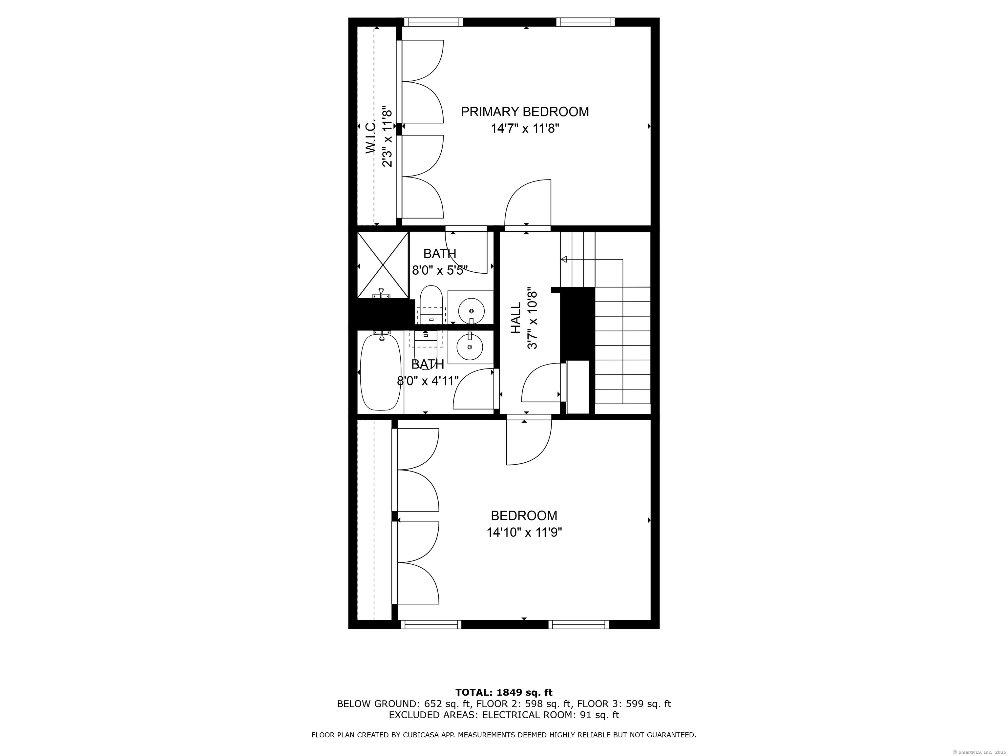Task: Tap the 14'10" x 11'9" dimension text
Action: pos(524,532)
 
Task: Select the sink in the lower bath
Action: pos(469,346)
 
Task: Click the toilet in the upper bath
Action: pos(430,303)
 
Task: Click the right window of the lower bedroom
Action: pos(578,624)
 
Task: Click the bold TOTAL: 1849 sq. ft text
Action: pos(504,693)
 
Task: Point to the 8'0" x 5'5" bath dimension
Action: pos(439,271)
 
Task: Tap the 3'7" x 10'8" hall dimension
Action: pos(532,318)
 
